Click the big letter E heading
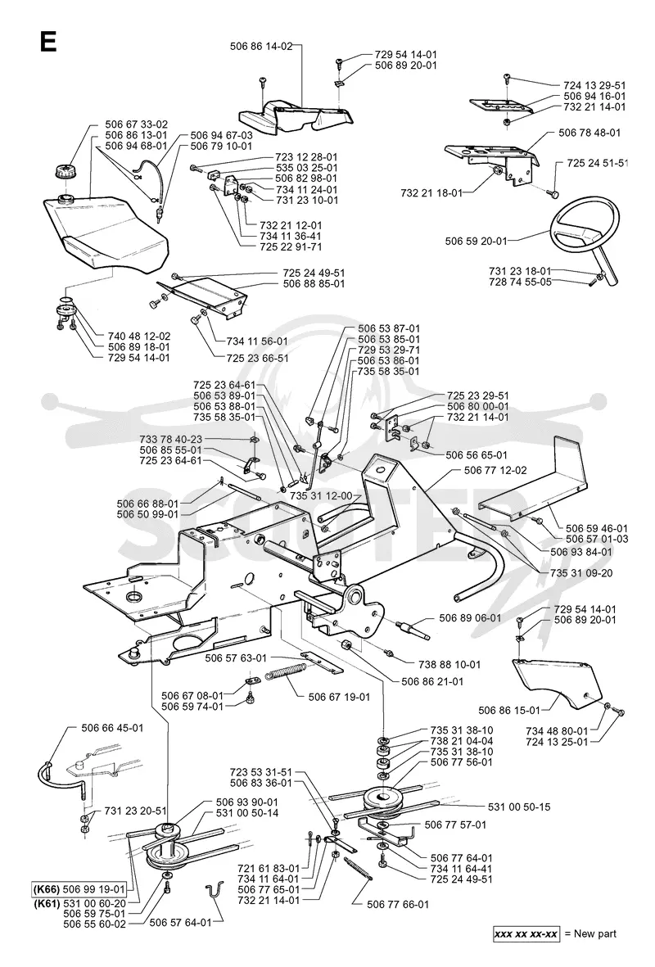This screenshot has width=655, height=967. click(48, 41)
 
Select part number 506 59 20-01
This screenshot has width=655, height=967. click(477, 241)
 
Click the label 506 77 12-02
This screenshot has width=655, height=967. click(495, 470)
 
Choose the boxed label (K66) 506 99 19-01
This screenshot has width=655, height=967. click(79, 890)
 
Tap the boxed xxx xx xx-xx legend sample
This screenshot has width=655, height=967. click(526, 933)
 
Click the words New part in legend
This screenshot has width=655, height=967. click(595, 933)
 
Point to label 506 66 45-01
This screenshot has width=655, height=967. click(112, 728)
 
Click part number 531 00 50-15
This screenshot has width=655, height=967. click(519, 807)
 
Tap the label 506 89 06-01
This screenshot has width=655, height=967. click(470, 617)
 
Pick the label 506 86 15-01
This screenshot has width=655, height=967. click(509, 711)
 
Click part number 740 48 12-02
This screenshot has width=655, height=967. click(138, 336)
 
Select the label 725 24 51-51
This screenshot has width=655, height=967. click(598, 163)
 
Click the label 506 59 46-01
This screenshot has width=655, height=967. click(597, 528)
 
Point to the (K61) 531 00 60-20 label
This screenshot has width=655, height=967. click(79, 901)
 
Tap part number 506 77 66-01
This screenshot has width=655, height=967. click(398, 904)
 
